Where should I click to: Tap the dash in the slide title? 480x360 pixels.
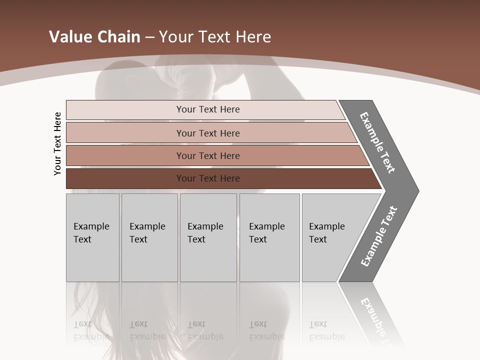coord(149,37)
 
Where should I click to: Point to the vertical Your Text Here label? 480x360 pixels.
coord(57,143)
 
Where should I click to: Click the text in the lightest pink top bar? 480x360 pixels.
coord(208,109)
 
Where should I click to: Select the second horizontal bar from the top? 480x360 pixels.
coord(208,133)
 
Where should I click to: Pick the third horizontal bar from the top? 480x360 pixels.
coord(208,155)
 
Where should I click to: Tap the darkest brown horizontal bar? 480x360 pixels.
coord(208,178)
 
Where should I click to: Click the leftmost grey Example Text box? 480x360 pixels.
coord(92,237)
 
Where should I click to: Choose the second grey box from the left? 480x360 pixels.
coord(149,237)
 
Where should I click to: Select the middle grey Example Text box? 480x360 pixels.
coord(208,237)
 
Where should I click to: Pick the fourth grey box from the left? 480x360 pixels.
coord(269,237)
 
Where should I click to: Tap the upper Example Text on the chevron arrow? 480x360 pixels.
coord(377,142)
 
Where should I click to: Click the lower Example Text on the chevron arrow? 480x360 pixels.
coord(379,236)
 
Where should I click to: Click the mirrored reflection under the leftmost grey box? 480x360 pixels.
coord(91,330)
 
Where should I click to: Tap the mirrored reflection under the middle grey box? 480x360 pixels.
coord(205,330)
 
